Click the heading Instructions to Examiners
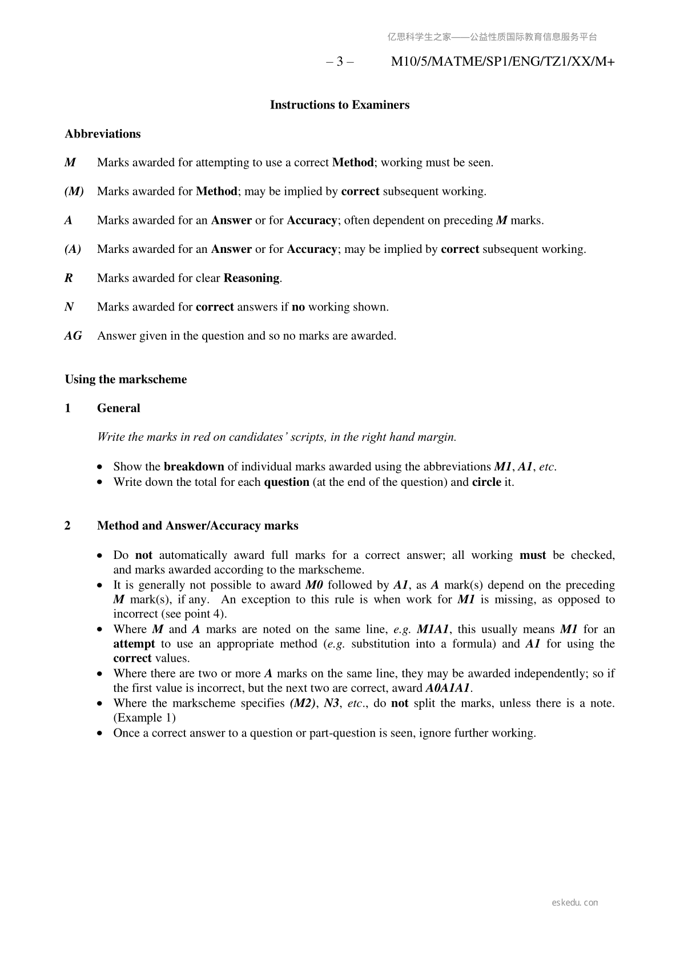click(339, 105)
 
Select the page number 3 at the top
click(340, 62)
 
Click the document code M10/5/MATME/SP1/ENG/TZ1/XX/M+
click(502, 62)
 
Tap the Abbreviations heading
click(102, 134)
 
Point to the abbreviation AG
click(73, 336)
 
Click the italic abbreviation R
click(69, 278)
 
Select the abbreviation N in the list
click(69, 307)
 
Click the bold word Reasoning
click(251, 278)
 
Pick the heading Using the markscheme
click(126, 380)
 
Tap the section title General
click(118, 408)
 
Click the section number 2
click(68, 526)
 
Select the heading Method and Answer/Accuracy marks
click(198, 526)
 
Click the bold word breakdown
click(194, 467)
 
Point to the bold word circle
click(486, 482)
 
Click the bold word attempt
click(134, 644)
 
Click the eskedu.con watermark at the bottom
click(575, 903)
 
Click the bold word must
click(532, 555)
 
